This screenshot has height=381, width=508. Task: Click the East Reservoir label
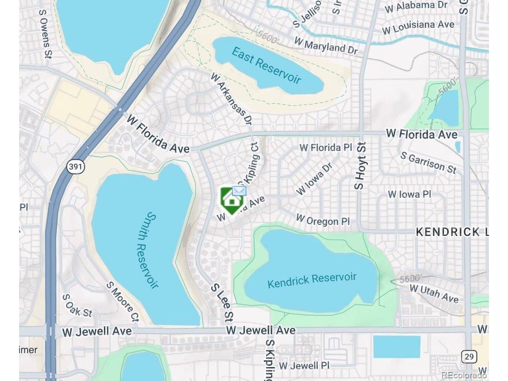[x=266, y=65]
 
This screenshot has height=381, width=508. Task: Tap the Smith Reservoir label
[x=147, y=250]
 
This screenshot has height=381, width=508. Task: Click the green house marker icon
[x=231, y=200]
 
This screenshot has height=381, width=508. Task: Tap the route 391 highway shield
[x=75, y=166]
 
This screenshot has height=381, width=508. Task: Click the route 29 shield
[x=469, y=356]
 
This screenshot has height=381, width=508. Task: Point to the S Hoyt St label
[x=360, y=166]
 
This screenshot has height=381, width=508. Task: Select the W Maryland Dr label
[x=326, y=46]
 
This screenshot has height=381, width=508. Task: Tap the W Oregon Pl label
[x=323, y=220]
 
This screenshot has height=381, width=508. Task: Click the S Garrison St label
[x=428, y=162]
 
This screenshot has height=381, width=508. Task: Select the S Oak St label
[x=77, y=305]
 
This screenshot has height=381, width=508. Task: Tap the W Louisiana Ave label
[x=418, y=27]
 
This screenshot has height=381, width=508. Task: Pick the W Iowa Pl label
[x=410, y=194]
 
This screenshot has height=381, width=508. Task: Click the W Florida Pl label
[x=326, y=148]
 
